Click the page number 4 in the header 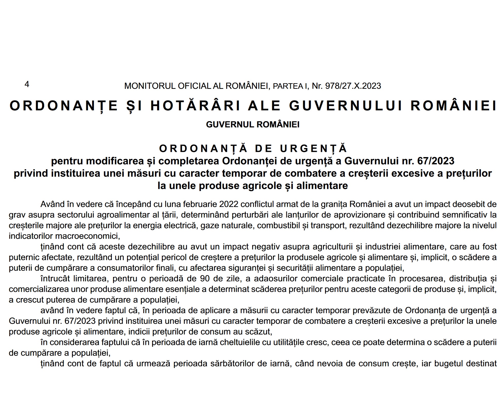27,84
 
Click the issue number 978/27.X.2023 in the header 353,86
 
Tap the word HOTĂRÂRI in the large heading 195,106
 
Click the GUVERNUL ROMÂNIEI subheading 253,125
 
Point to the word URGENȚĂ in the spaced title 313,149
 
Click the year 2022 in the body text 229,204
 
